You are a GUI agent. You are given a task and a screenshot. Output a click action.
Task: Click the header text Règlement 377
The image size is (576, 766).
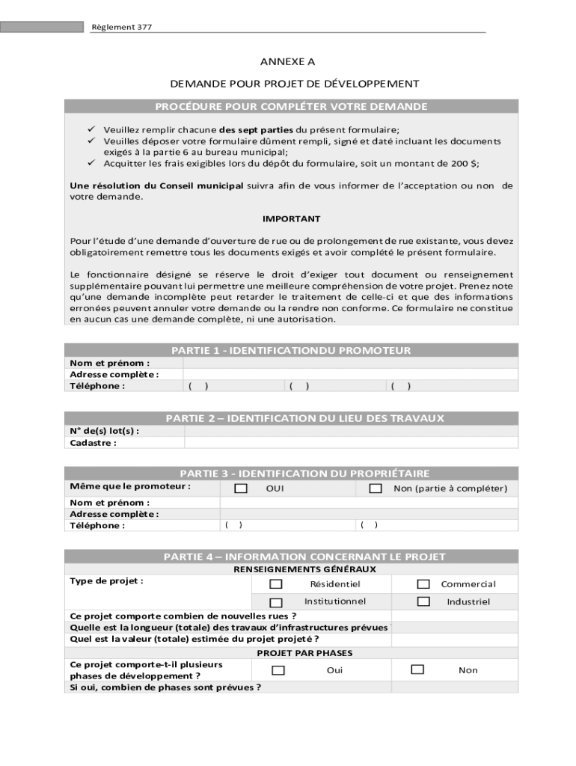pyautogui.click(x=111, y=28)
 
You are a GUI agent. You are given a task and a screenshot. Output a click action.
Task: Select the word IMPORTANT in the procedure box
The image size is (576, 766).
pyautogui.click(x=291, y=219)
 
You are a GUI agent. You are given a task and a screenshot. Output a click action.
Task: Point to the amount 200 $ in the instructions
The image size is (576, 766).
pyautogui.click(x=463, y=162)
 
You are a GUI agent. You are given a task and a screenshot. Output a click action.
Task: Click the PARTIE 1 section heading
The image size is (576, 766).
pyautogui.click(x=291, y=350)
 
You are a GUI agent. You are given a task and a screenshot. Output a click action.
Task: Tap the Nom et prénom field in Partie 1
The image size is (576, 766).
pyautogui.click(x=350, y=364)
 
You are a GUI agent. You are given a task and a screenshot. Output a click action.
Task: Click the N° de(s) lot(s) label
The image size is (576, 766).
pyautogui.click(x=104, y=431)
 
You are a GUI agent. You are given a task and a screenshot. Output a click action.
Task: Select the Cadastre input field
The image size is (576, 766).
pyautogui.click(x=350, y=443)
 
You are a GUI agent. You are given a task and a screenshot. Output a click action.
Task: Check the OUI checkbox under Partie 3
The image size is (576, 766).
pyautogui.click(x=241, y=488)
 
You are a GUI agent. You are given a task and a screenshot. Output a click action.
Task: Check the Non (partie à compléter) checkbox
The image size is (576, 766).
pyautogui.click(x=376, y=488)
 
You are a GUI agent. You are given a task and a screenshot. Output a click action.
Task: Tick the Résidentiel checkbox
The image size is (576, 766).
pyautogui.click(x=276, y=584)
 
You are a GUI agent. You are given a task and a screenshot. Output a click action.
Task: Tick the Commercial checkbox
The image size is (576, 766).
pyautogui.click(x=423, y=584)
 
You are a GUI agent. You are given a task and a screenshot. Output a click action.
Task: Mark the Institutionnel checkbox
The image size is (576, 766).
pyautogui.click(x=276, y=602)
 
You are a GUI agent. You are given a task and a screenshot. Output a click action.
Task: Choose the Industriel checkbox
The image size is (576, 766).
pyautogui.click(x=423, y=601)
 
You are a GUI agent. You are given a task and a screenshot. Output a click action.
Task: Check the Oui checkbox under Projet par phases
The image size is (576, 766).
pyautogui.click(x=278, y=670)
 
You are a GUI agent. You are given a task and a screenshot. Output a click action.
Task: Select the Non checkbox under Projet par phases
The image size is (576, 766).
pyautogui.click(x=417, y=670)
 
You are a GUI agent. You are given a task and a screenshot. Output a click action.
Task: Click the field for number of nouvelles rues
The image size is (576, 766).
pyautogui.click(x=453, y=616)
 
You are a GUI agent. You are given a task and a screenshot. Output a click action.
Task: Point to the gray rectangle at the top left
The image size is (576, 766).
pyautogui.click(x=42, y=27)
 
